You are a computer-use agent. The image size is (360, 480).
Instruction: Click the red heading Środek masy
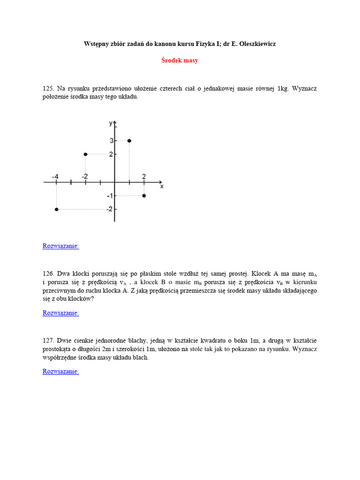pos(180,60)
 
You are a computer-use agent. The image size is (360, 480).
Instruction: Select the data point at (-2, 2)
pos(85,154)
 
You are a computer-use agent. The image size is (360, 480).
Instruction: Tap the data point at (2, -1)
pos(144,195)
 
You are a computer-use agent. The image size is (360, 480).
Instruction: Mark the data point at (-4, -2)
pos(56,209)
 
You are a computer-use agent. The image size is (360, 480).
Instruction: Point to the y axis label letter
pos(111,123)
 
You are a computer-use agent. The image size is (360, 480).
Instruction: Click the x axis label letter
pos(162,187)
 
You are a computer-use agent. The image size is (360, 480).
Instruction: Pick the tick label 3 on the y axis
pos(112,141)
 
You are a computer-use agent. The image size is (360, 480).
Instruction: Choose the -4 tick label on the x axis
pos(55,176)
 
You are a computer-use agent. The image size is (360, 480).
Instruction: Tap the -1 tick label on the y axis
pos(109,195)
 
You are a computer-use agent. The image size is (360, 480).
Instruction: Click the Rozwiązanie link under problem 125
pos(60,246)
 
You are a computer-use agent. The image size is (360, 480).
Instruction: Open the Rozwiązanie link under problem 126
pos(60,313)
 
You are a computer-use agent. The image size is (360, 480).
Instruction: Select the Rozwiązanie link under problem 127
pos(60,372)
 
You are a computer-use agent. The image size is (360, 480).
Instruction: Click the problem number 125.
pos(49,88)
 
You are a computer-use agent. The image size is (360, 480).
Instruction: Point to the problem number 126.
pos(49,273)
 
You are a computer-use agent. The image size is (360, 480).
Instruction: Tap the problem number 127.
pos(49,340)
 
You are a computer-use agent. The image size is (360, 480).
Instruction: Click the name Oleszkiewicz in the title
pos(260,44)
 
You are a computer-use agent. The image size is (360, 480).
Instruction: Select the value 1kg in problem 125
pos(284,88)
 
